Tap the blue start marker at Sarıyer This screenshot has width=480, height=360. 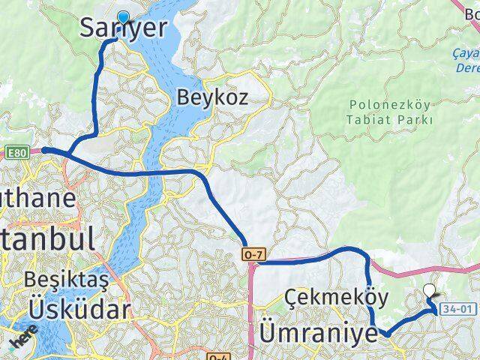pyautogui.click(x=123, y=19)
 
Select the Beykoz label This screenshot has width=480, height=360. pyautogui.click(x=212, y=97)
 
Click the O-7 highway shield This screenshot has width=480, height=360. pyautogui.click(x=251, y=256)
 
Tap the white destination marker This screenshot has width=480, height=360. pyautogui.click(x=430, y=292)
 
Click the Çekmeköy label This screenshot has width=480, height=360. pyautogui.click(x=336, y=298)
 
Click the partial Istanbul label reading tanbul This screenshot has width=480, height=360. pyautogui.click(x=46, y=238)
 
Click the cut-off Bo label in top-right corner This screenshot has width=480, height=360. pyautogui.click(x=472, y=13)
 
